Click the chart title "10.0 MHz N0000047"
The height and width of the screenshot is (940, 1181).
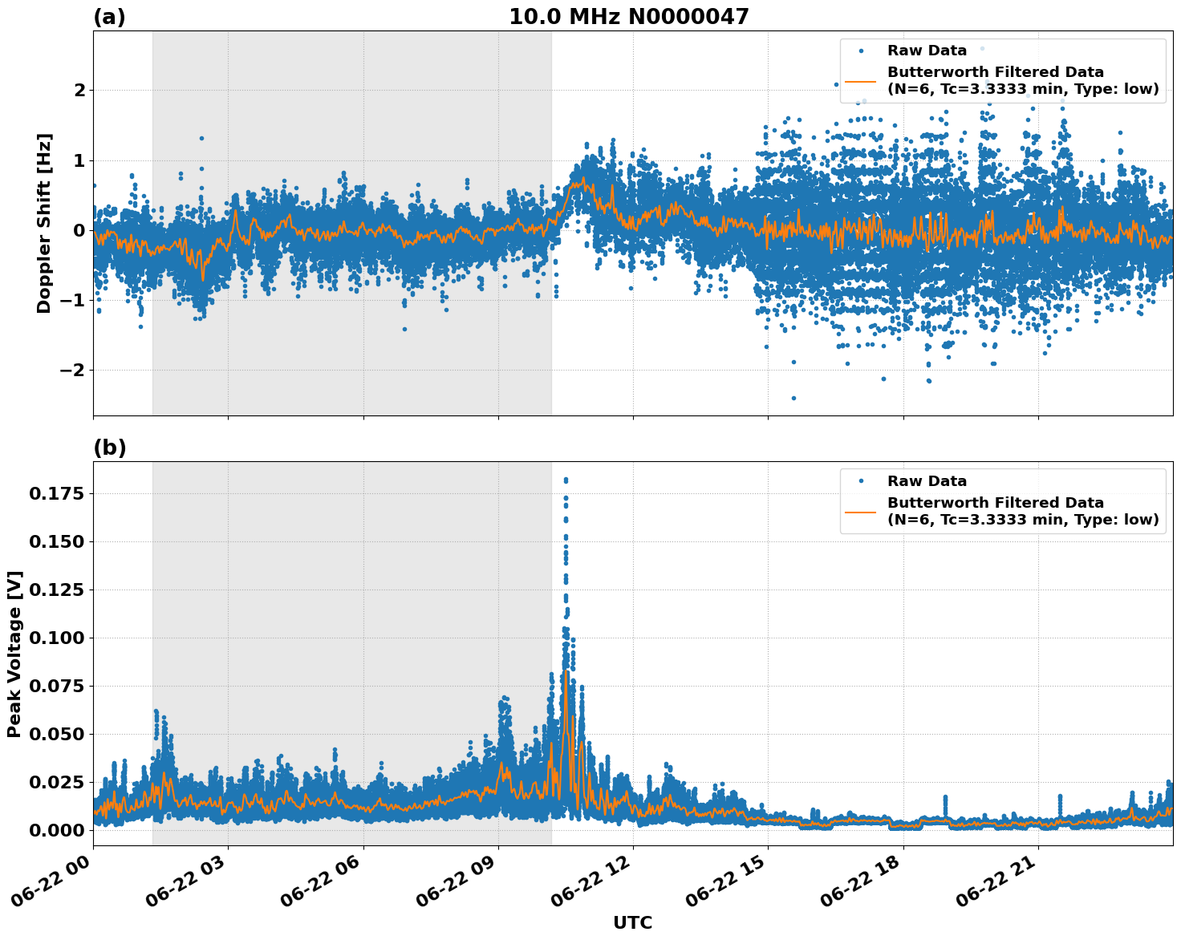tap(628, 17)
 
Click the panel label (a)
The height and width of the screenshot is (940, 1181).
tap(109, 17)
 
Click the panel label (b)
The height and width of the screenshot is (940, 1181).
tap(109, 448)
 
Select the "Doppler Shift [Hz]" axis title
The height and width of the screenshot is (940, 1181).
tap(44, 223)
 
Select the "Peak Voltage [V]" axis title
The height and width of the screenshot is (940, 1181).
tap(14, 654)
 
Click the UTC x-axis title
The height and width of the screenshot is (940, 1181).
tap(632, 922)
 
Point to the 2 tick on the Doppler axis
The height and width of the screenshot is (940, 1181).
tap(79, 91)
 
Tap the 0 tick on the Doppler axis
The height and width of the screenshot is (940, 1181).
tap(79, 231)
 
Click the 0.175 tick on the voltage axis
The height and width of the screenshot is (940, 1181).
tap(56, 494)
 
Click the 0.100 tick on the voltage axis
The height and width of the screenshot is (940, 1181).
tap(56, 638)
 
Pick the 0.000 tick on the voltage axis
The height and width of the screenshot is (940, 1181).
tap(56, 830)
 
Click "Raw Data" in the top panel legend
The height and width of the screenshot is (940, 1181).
tap(927, 51)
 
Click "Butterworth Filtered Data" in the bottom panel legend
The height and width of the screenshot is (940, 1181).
tap(995, 503)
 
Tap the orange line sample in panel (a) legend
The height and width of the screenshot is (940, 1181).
tap(861, 80)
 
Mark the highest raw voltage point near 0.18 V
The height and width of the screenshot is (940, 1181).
tap(566, 480)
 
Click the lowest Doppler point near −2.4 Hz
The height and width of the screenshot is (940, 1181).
tap(793, 398)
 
